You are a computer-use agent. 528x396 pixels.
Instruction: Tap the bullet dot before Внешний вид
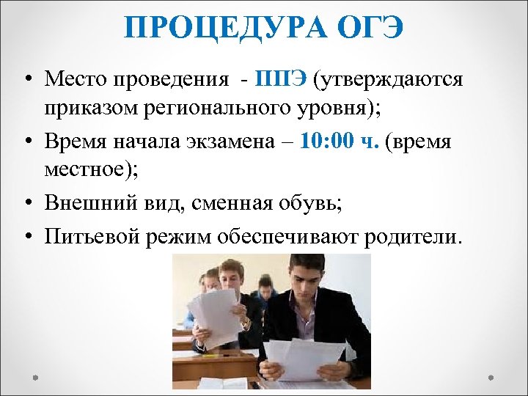coord(26,205)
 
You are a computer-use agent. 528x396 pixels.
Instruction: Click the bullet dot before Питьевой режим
coord(26,236)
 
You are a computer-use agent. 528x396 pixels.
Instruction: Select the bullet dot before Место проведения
coord(26,79)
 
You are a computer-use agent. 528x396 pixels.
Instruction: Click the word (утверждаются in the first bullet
coord(388,78)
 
